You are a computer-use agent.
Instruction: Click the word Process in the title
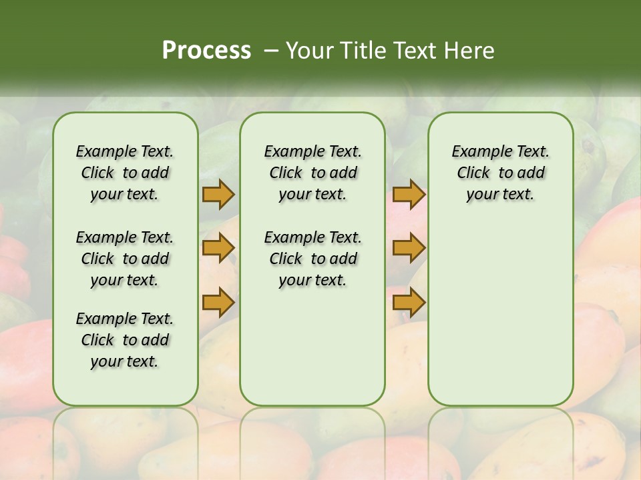point(206,50)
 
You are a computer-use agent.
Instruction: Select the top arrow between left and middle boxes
point(218,195)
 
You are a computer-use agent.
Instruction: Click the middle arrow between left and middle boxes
point(218,249)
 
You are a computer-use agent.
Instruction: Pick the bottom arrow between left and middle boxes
point(218,302)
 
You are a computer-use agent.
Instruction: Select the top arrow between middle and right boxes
point(409,195)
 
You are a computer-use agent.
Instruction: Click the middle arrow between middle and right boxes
point(409,249)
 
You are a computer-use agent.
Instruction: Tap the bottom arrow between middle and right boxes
point(409,302)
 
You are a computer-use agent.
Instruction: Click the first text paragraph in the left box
point(125,173)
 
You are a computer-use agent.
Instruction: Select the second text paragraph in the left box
point(125,259)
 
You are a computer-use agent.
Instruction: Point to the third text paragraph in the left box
point(125,340)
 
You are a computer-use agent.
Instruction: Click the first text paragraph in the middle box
point(312,173)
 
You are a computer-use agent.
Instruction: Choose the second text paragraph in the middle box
point(312,259)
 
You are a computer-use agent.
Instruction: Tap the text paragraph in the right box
point(500,173)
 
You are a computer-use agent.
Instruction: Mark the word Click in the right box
point(473,173)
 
